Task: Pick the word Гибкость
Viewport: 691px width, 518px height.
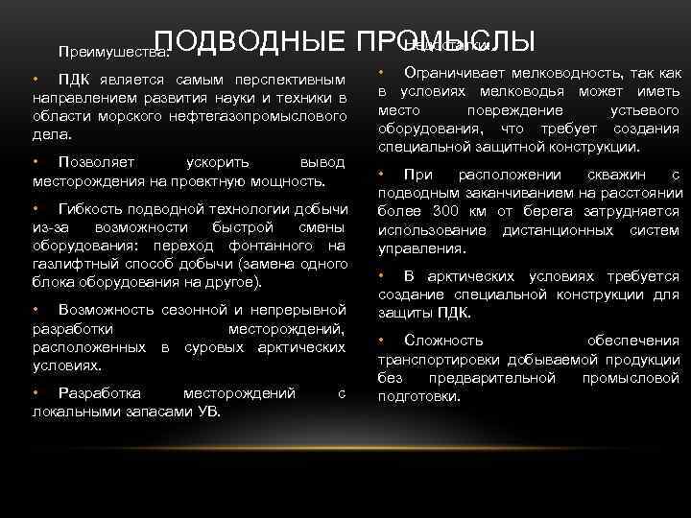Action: [x=91, y=208]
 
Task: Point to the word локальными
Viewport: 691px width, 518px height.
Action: [x=71, y=412]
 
